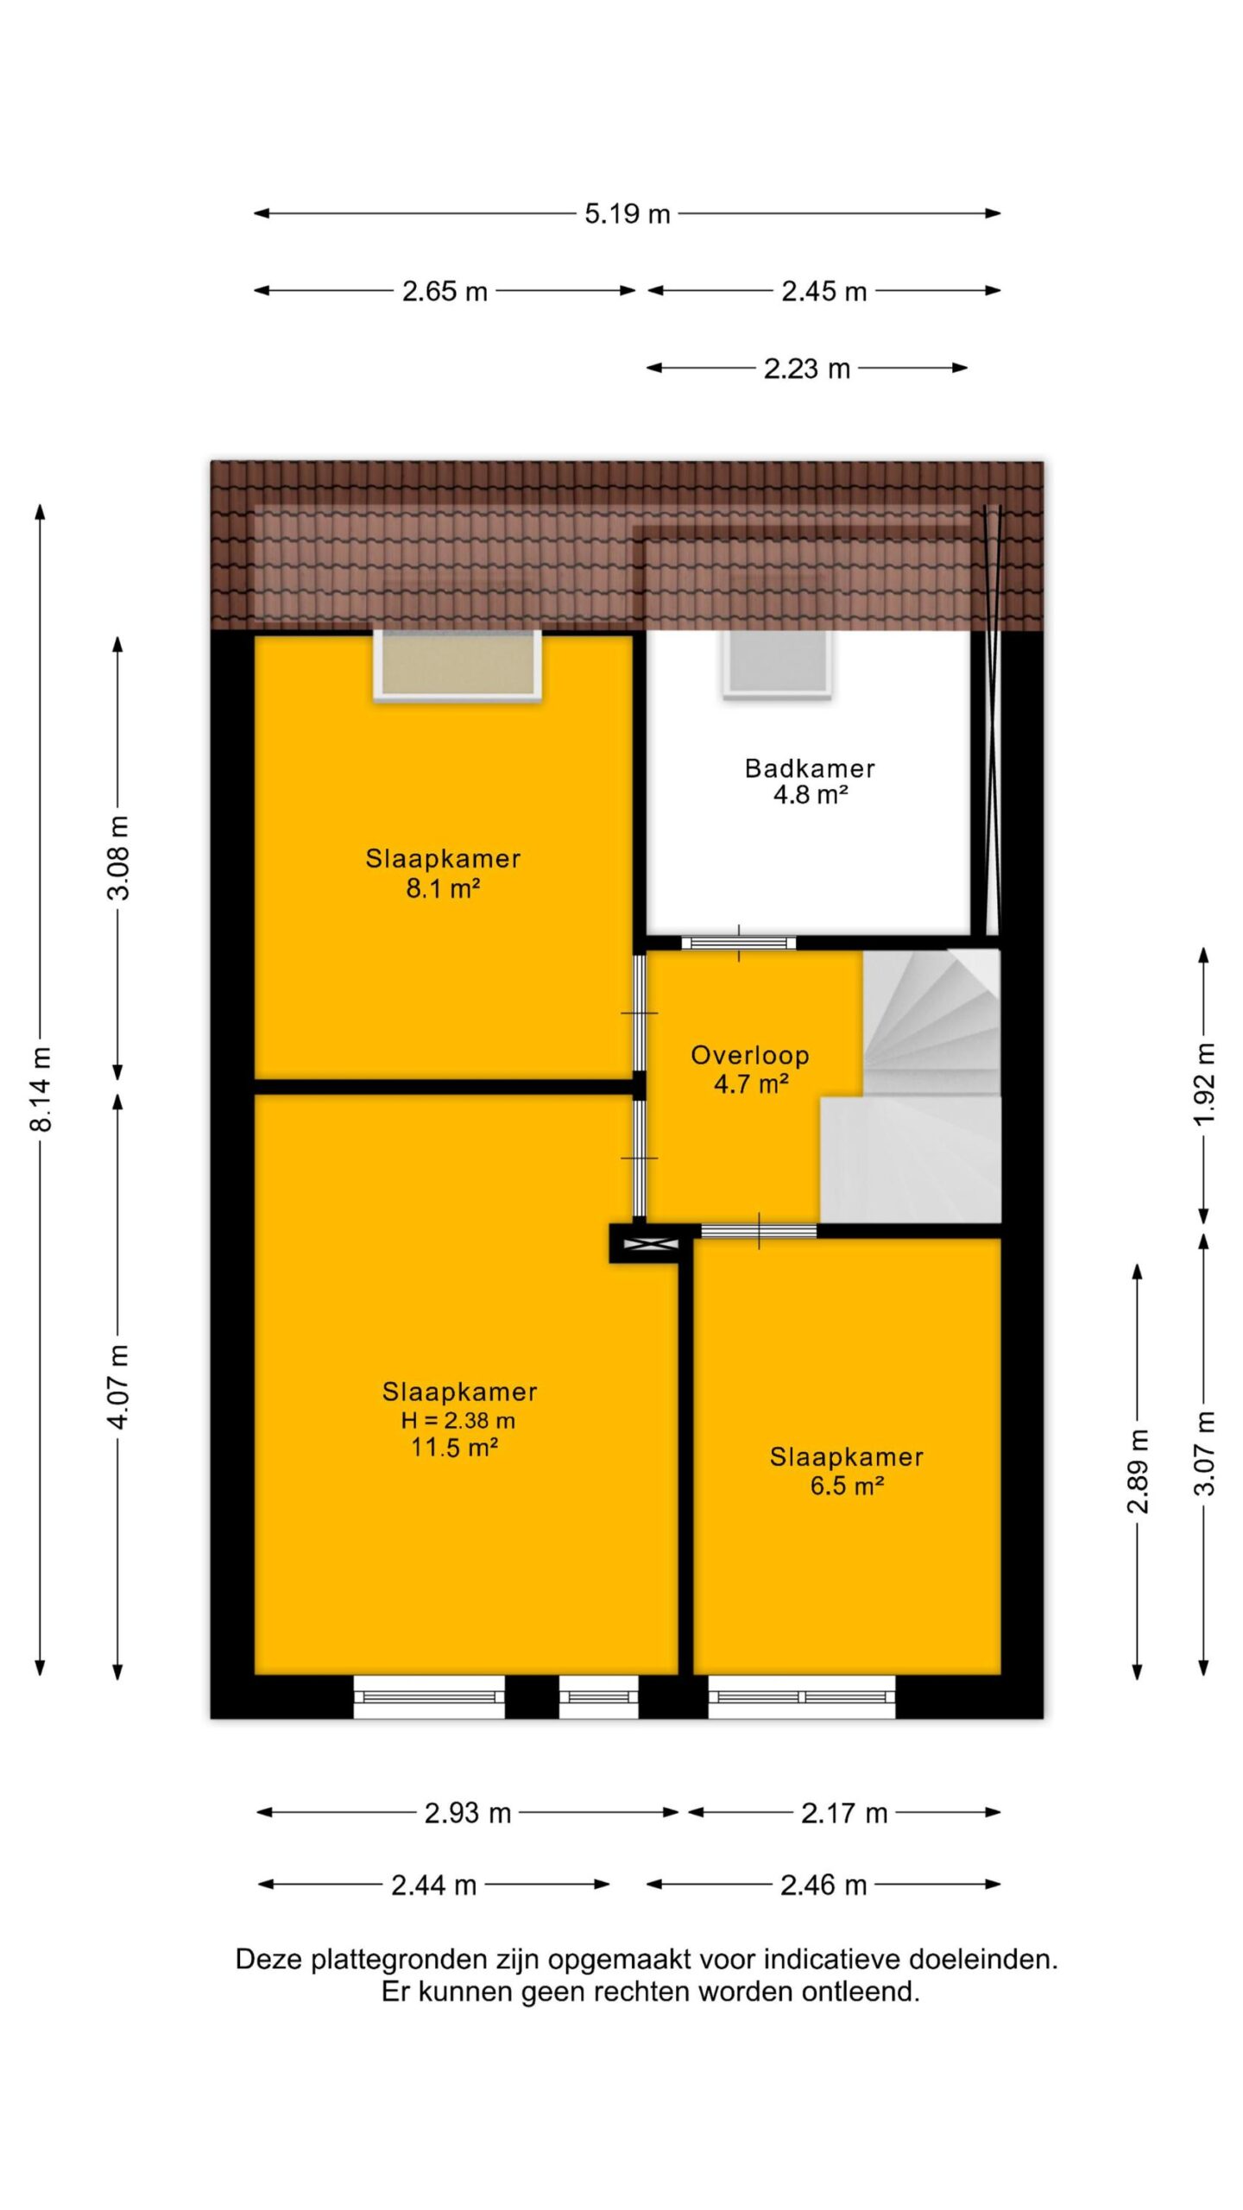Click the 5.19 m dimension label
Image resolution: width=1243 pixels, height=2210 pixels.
(628, 213)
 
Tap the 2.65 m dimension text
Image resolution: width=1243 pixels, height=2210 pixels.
(445, 291)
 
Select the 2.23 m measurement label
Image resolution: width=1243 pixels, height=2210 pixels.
(807, 369)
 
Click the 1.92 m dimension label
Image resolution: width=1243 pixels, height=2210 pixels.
(1205, 1083)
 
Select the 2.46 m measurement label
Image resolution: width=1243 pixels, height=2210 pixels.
(823, 1885)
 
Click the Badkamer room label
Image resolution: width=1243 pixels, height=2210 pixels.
(810, 767)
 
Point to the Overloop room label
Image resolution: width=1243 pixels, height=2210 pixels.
(750, 1055)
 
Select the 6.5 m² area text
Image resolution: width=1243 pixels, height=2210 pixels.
(847, 1486)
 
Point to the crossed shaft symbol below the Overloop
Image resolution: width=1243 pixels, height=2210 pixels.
(644, 1244)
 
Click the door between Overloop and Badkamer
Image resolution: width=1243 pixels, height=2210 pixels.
(738, 943)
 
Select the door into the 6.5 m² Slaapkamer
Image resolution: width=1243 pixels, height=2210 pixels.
(759, 1231)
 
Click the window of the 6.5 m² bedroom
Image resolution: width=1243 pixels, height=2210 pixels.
(802, 1696)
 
